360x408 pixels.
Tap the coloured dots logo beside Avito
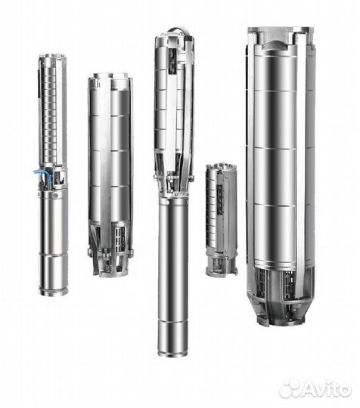tap(290, 388)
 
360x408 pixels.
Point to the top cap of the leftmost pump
tap(52, 58)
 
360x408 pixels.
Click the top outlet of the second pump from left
tap(110, 77)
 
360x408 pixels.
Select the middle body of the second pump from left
tap(110, 151)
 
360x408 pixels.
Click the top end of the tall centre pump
tap(174, 35)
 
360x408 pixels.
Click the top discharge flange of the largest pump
tap(279, 32)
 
